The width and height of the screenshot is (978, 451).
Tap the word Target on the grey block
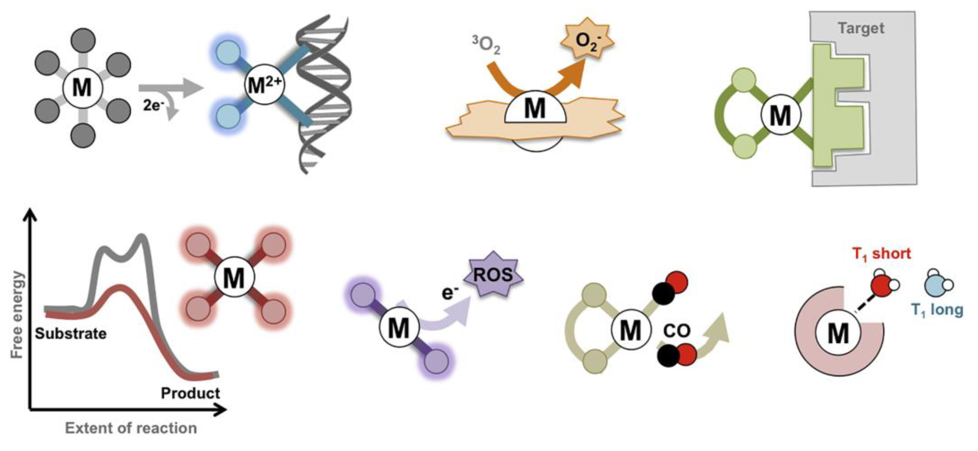pyautogui.click(x=861, y=28)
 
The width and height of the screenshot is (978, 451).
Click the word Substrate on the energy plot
pyautogui.click(x=71, y=334)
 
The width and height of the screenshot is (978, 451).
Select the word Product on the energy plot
pyautogui.click(x=190, y=393)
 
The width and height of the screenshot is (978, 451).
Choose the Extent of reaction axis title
pyautogui.click(x=131, y=428)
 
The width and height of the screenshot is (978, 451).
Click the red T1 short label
pyautogui.click(x=881, y=254)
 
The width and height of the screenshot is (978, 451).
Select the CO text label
pyautogui.click(x=677, y=331)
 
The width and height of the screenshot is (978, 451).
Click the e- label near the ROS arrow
pyautogui.click(x=450, y=293)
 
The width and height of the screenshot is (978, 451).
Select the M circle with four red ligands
pyautogui.click(x=234, y=278)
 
